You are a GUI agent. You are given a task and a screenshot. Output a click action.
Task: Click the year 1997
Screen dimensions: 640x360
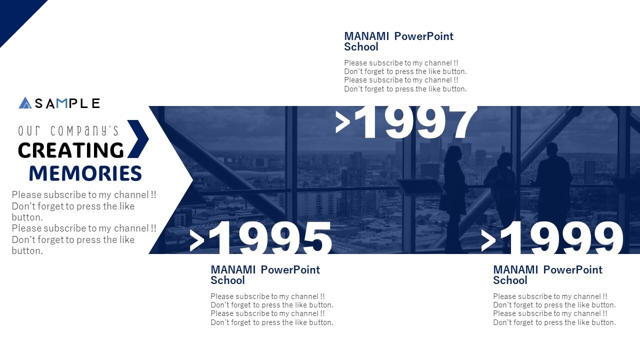click(417, 122)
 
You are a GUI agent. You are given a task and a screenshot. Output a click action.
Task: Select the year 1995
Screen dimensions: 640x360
click(270, 237)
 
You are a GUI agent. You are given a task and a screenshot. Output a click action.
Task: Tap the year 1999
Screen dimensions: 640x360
click(561, 237)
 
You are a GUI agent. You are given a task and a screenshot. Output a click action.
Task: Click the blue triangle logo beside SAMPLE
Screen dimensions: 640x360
click(25, 102)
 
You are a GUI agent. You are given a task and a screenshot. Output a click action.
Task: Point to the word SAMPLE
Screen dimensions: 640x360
click(67, 103)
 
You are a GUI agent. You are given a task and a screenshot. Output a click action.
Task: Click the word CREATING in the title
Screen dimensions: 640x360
click(71, 150)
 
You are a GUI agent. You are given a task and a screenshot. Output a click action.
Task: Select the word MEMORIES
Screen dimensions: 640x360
click(85, 173)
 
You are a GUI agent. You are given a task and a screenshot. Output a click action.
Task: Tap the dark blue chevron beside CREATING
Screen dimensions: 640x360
click(138, 139)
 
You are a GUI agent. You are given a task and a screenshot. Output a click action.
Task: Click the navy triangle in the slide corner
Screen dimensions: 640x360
click(15, 15)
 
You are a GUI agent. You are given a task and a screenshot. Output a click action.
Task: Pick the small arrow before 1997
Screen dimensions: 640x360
click(342, 122)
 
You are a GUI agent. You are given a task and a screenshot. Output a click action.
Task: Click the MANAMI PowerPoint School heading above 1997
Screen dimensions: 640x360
click(398, 41)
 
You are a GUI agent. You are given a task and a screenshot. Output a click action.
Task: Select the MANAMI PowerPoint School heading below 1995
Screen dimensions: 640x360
click(265, 275)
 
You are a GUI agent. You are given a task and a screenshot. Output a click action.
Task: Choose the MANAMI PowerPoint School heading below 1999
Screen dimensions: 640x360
click(547, 275)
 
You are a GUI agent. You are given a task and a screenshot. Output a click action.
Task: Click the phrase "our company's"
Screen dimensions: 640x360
click(68, 130)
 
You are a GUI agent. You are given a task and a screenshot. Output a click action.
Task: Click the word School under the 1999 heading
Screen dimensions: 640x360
click(510, 280)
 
